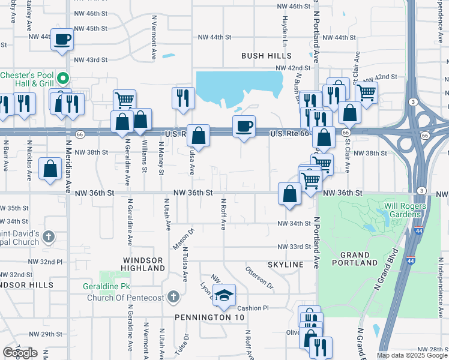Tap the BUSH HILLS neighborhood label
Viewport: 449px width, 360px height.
(266, 56)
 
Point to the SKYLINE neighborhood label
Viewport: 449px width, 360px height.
(286, 265)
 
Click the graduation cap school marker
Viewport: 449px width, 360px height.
(224, 295)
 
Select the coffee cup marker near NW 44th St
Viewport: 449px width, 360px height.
(62, 40)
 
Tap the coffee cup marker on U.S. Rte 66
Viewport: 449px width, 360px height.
(244, 127)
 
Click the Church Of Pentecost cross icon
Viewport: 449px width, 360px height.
(173, 296)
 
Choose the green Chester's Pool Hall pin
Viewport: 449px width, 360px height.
(62, 77)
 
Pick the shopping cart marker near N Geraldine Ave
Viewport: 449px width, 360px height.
(124, 100)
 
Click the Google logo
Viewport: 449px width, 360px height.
(20, 353)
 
